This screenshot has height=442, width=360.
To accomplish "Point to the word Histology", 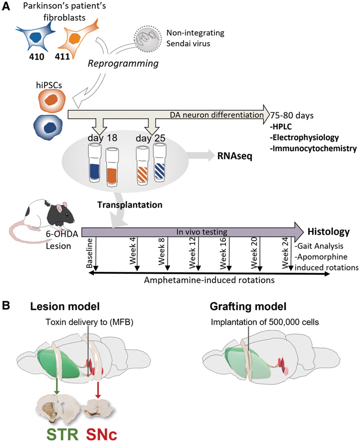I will coord(328,232).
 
